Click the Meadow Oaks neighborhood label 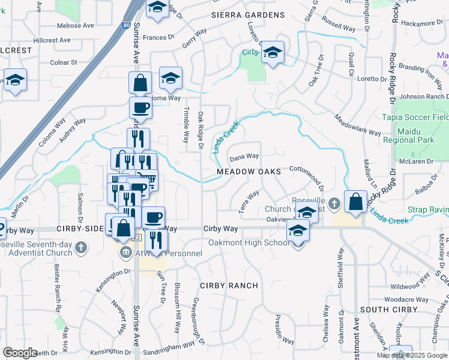point(249,172)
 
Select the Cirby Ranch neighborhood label point(229,286)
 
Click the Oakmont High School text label point(249,243)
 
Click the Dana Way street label point(244,157)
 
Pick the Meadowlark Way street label point(358,125)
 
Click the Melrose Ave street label point(76,26)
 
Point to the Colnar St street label point(64,62)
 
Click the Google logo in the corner point(20,353)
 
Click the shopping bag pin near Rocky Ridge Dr point(356,202)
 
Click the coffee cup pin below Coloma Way point(140,108)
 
